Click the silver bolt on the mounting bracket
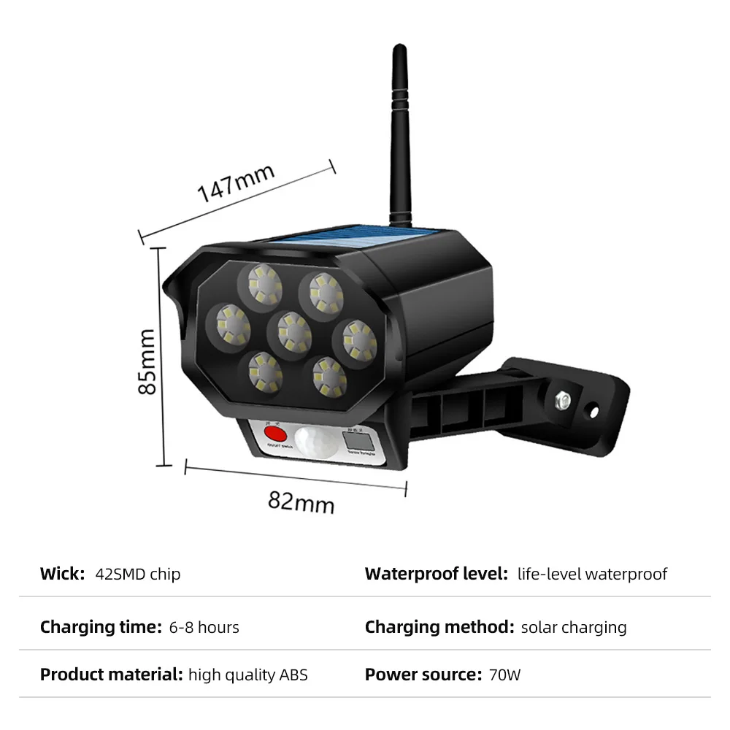pyautogui.click(x=564, y=400)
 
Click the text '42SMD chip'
pyautogui.click(x=138, y=574)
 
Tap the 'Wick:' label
pyautogui.click(x=63, y=574)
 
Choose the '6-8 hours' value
pyautogui.click(x=204, y=627)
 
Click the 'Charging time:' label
pyautogui.click(x=101, y=627)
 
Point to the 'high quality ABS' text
pyautogui.click(x=248, y=675)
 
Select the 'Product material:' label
pyautogui.click(x=111, y=675)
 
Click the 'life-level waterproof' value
pyautogui.click(x=592, y=574)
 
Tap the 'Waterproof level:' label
pyautogui.click(x=436, y=574)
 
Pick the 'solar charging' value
pyautogui.click(x=574, y=627)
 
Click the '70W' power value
pyautogui.click(x=504, y=675)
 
